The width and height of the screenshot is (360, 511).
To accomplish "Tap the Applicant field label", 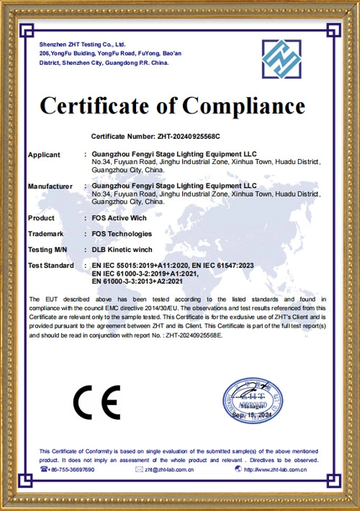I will point(44,155).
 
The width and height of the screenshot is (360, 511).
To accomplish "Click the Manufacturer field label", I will point(50,186).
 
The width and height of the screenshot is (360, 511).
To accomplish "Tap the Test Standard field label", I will point(50,266).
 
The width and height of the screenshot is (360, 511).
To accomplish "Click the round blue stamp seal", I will point(250,402).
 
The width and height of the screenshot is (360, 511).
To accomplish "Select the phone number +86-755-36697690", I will point(72,469).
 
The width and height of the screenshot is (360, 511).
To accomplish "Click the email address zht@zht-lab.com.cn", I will point(169,469).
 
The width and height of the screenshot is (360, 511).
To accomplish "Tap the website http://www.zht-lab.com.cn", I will point(282,469).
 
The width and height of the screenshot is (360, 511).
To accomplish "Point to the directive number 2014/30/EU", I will point(173,308).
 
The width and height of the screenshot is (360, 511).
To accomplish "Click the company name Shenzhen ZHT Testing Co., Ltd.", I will point(83,45).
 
